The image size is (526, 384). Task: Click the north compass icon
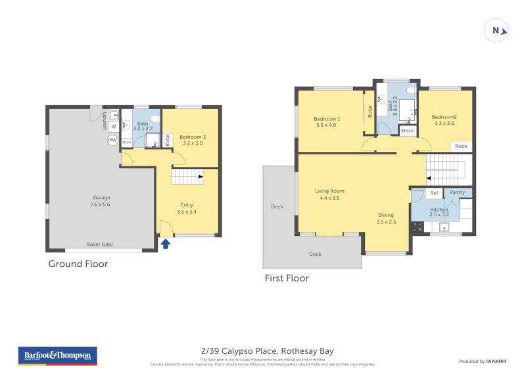point(496,30)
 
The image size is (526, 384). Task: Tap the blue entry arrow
point(166,244)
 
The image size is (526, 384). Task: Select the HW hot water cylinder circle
point(112,141)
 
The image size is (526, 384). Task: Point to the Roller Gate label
point(100,244)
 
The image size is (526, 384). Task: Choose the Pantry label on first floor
point(458,193)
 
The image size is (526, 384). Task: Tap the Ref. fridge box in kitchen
point(434,193)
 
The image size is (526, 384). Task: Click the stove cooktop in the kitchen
point(417,228)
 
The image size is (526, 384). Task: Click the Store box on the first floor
point(408,131)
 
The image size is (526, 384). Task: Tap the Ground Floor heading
point(78,264)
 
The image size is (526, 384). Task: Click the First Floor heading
point(287,278)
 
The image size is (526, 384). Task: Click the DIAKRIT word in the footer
point(500,362)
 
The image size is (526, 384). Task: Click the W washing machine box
point(113,126)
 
